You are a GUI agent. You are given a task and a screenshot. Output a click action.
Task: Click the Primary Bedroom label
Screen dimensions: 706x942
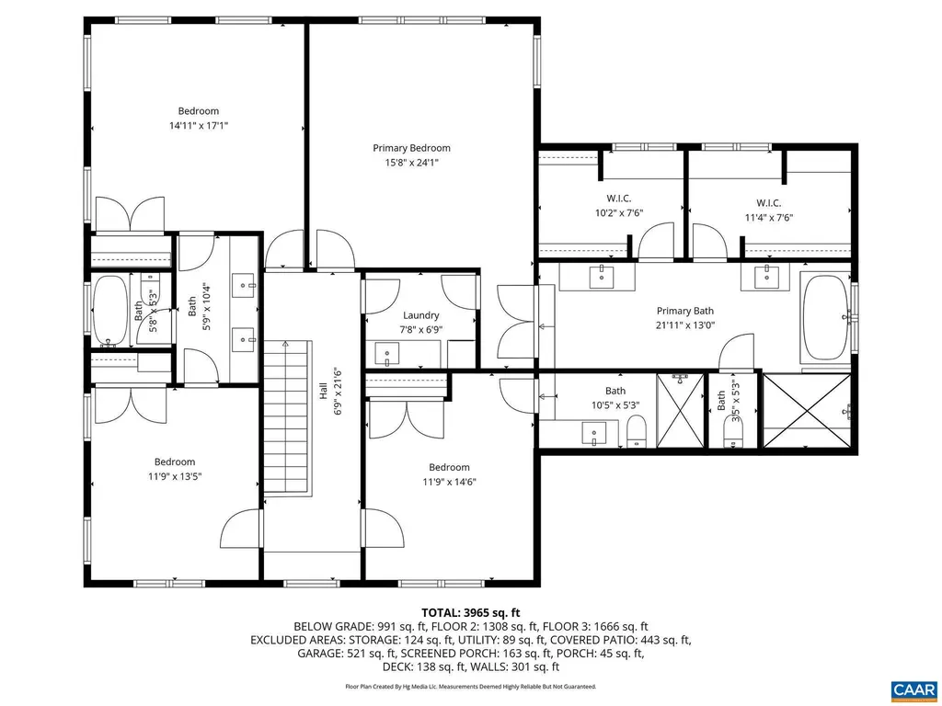(x=411, y=148)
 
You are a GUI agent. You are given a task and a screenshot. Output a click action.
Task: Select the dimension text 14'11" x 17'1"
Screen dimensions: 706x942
(x=198, y=126)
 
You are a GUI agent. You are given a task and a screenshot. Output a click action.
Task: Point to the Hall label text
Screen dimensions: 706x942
(x=323, y=391)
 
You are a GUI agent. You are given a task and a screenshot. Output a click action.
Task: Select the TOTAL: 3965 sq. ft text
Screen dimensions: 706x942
(x=471, y=612)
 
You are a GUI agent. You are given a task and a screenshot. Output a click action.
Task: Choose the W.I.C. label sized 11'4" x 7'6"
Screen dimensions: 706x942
(x=769, y=203)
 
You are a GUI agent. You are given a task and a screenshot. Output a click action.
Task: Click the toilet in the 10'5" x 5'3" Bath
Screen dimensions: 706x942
(x=636, y=429)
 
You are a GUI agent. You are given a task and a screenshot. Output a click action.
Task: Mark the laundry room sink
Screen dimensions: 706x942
(x=386, y=353)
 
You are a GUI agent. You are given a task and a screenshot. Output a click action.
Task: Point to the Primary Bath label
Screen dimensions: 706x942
(x=684, y=311)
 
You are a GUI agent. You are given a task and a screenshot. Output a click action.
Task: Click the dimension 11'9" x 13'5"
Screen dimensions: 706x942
(x=174, y=476)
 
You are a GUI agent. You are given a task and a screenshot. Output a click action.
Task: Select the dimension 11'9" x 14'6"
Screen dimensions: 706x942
(x=449, y=482)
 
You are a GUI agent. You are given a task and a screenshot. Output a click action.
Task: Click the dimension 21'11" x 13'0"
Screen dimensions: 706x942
(x=684, y=325)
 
